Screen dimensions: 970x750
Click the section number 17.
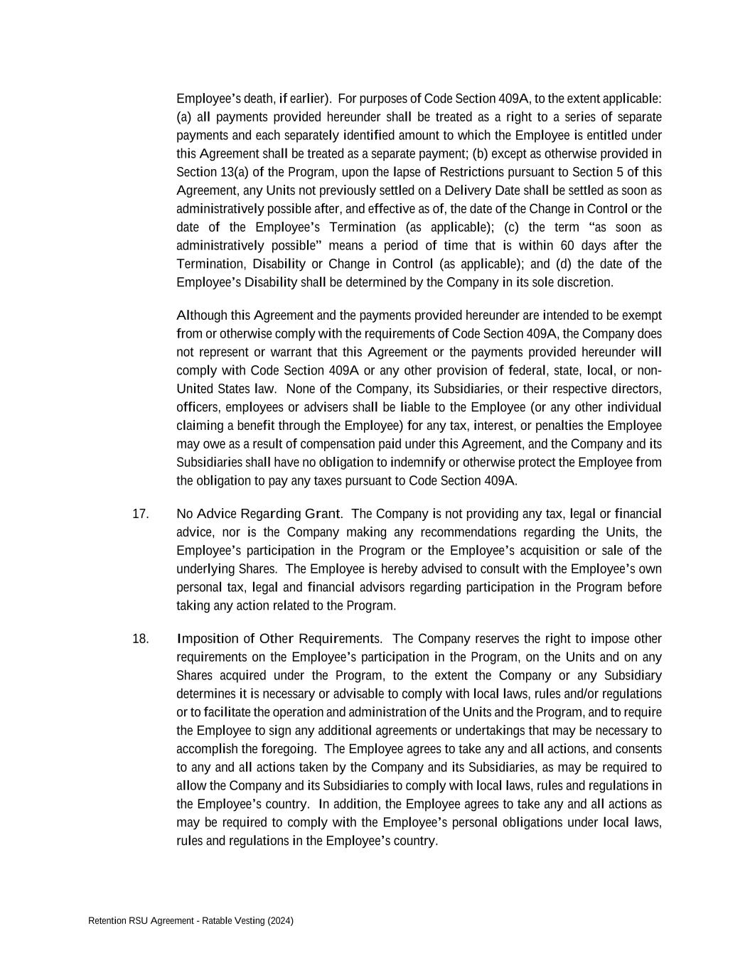coord(140,514)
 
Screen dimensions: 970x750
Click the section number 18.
coord(140,639)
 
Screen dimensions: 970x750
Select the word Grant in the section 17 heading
coord(322,514)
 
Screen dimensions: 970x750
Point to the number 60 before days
coord(567,246)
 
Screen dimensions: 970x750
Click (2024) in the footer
coord(281,921)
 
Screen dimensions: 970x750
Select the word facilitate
coord(227,712)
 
